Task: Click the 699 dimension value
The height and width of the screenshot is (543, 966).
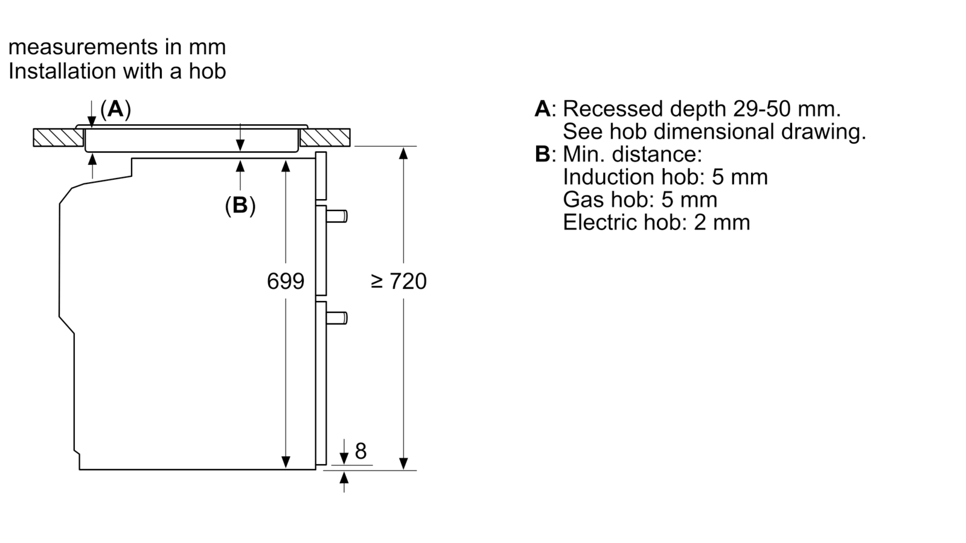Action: [286, 281]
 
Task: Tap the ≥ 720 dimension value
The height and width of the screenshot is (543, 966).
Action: [398, 281]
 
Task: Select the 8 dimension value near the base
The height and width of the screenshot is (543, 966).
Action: [360, 451]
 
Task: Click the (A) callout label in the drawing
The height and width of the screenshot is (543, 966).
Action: [115, 109]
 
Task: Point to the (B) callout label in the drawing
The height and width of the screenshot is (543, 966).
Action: [240, 205]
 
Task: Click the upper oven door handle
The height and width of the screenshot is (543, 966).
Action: [336, 216]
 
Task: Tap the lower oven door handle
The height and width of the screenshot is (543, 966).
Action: [336, 318]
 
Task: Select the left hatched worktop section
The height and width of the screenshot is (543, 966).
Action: [58, 138]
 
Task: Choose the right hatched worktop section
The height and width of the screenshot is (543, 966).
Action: [325, 138]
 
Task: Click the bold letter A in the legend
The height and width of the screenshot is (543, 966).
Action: [543, 109]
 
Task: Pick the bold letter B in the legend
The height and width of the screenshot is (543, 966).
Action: [543, 154]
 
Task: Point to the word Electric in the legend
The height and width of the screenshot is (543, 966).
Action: [599, 223]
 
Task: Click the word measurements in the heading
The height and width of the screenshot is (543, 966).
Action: [83, 47]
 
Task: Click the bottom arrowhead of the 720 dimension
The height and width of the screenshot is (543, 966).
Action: [403, 464]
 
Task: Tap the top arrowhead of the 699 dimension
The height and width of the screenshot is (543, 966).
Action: [286, 165]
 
